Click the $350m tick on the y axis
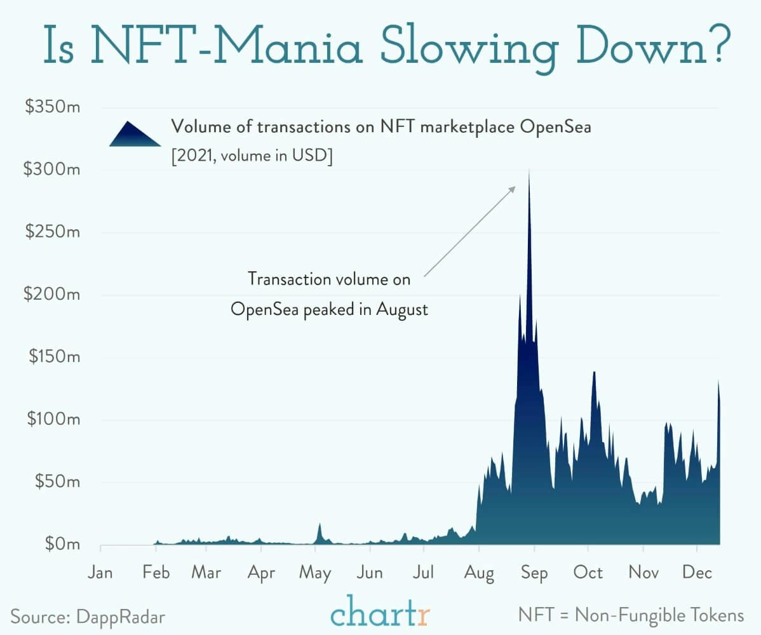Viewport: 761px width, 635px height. pos(53,107)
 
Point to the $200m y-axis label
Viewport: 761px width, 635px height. pos(53,295)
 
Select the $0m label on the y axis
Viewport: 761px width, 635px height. pos(58,544)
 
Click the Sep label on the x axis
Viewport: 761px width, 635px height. pos(534,573)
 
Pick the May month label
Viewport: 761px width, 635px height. pos(316,573)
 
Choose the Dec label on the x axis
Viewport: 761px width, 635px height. pos(697,573)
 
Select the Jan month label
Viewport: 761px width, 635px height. pos(100,573)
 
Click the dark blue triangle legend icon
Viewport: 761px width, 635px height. pos(135,134)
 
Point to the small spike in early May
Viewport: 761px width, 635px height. pos(320,525)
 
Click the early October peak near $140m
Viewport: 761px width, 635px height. pos(594,373)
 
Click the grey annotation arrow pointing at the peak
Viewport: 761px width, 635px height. pos(469,232)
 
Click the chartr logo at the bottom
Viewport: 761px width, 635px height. pos(380,613)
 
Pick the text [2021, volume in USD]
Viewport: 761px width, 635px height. pos(252,156)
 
